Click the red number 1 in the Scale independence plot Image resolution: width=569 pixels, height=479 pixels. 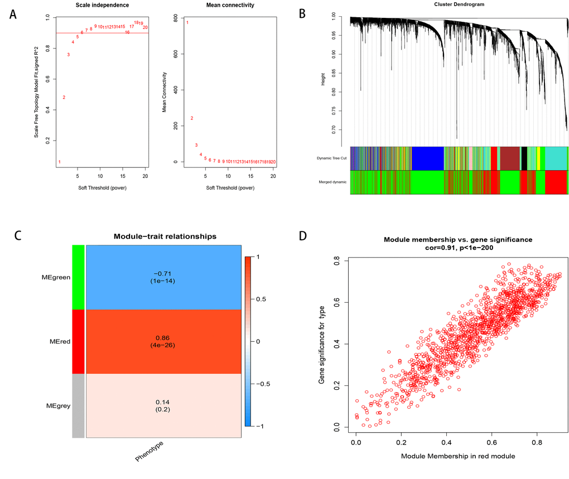coord(59,162)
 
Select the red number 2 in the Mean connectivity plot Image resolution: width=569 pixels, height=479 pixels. coord(191,118)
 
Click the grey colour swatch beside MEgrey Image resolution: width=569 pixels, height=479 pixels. coord(79,405)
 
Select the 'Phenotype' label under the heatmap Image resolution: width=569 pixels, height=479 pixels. coord(150,451)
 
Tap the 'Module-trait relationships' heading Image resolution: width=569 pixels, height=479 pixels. coord(165,236)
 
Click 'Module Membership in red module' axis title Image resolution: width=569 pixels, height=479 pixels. coord(457,456)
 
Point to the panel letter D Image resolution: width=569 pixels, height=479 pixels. coord(303,235)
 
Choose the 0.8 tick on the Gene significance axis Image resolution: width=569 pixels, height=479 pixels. coord(337,260)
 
